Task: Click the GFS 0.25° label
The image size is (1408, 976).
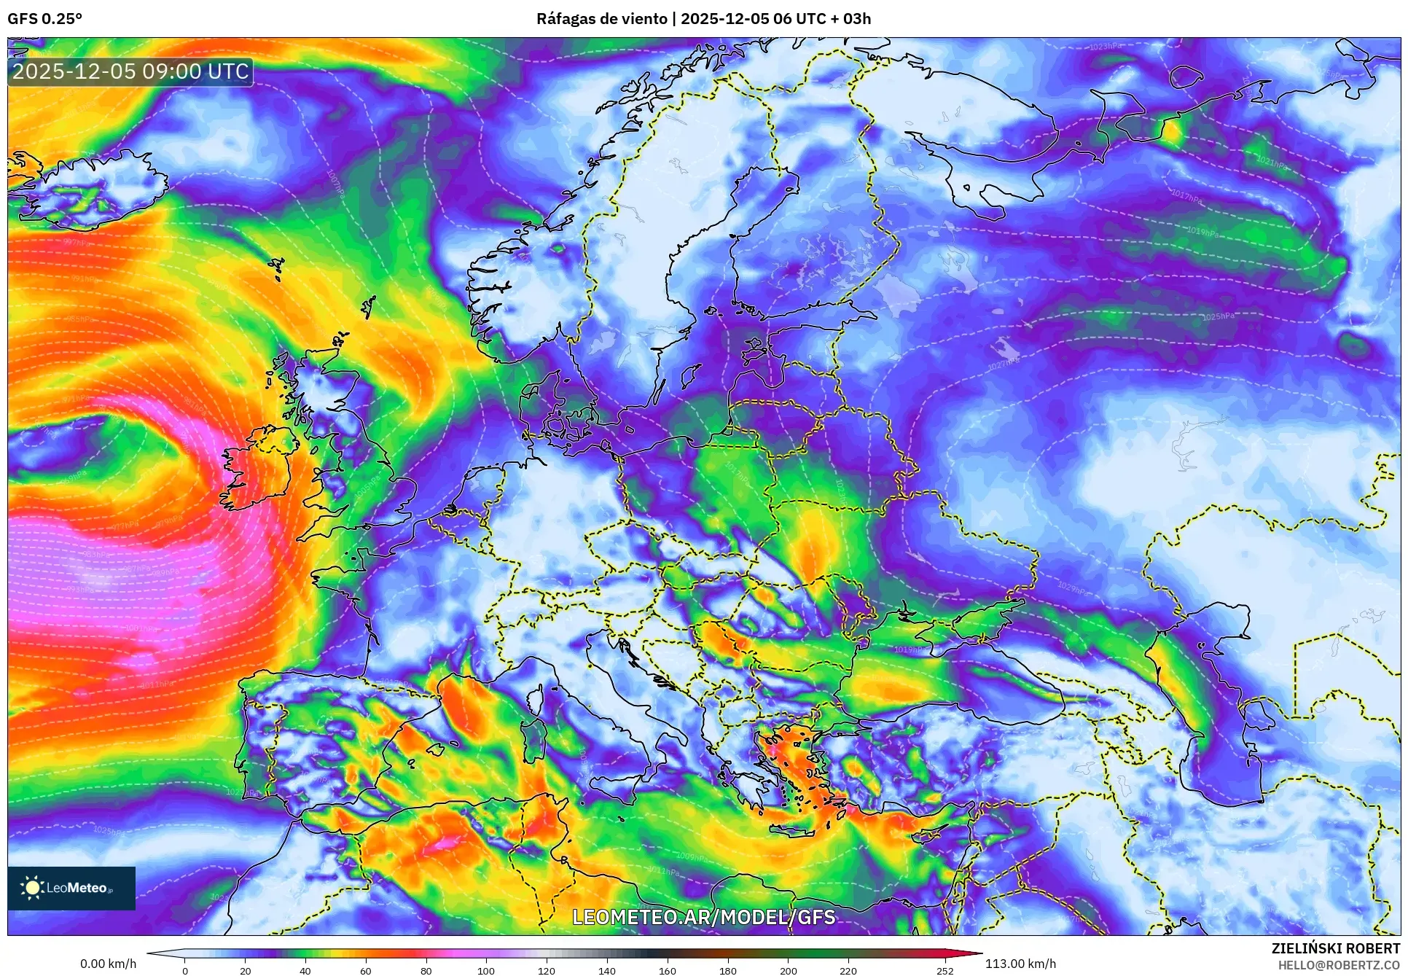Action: point(44,19)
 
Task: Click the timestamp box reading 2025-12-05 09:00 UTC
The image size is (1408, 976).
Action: point(130,71)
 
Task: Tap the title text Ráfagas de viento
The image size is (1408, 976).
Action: point(602,19)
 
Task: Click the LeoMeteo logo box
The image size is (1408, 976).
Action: point(71,888)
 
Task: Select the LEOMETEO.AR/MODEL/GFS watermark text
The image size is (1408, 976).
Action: point(703,917)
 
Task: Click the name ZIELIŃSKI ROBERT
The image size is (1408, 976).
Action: point(1335,948)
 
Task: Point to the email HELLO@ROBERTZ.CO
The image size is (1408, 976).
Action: point(1339,964)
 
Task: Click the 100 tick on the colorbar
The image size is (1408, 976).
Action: point(486,970)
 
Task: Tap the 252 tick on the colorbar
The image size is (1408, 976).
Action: point(944,970)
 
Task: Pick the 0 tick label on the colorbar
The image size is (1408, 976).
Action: point(185,970)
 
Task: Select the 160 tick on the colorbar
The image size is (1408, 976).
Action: point(667,970)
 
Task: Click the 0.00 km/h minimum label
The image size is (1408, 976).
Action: point(108,964)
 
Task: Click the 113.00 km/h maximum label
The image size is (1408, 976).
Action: point(1020,964)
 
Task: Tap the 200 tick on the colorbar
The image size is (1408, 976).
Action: point(788,970)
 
